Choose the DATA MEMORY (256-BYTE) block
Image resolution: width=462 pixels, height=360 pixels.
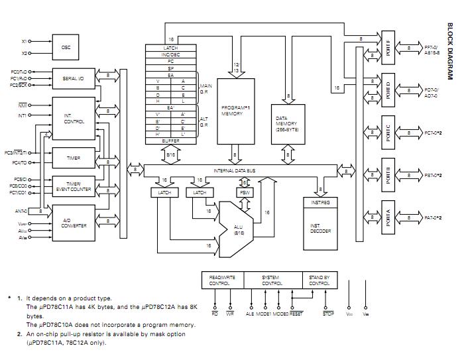(x=286, y=124)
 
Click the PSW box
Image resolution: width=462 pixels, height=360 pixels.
(x=243, y=192)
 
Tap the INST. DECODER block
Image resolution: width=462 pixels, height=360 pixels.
(x=320, y=226)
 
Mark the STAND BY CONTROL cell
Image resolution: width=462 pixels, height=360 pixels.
(x=319, y=280)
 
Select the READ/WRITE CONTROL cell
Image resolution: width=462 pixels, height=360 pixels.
(x=222, y=280)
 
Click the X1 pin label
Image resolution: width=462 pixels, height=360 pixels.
(x=25, y=42)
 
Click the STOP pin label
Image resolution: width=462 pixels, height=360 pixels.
(x=327, y=314)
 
